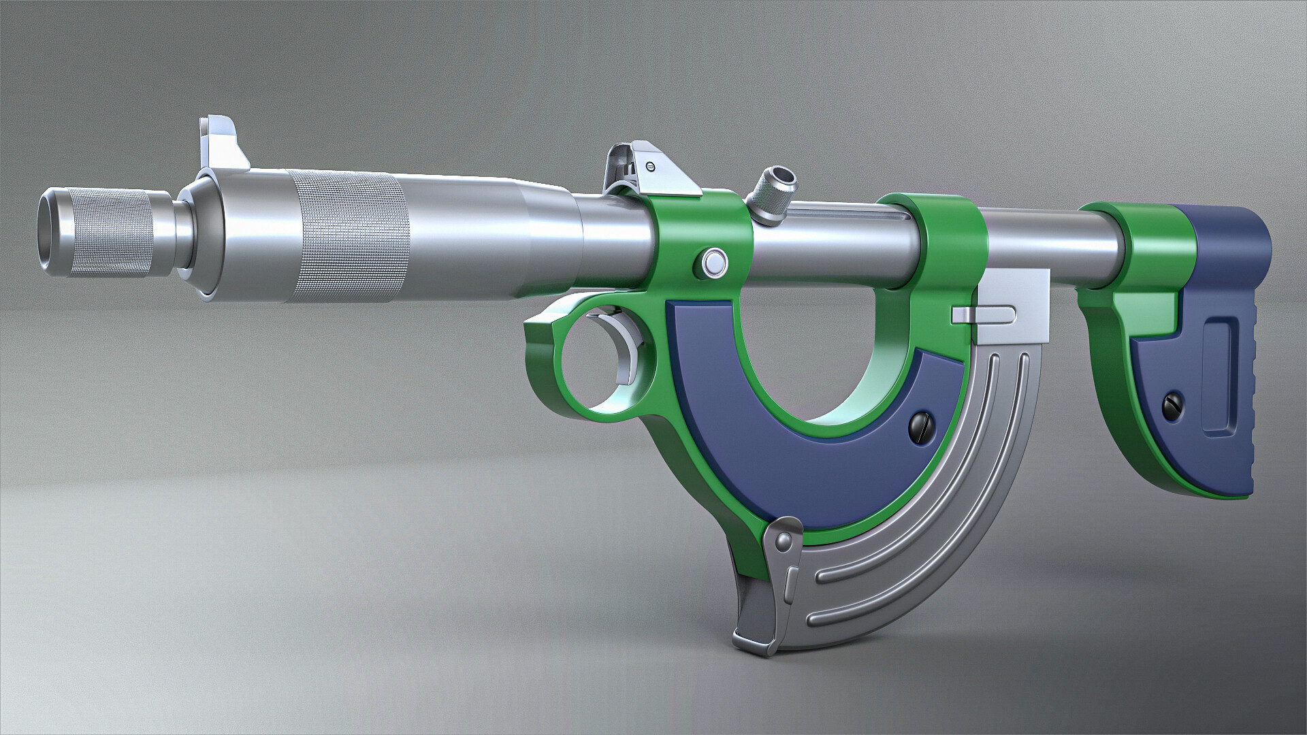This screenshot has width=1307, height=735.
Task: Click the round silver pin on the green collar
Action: click(713, 261)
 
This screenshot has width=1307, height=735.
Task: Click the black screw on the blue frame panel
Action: click(918, 425)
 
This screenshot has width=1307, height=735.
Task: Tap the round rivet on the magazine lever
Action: click(784, 542)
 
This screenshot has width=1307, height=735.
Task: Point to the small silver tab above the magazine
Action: click(984, 312)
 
